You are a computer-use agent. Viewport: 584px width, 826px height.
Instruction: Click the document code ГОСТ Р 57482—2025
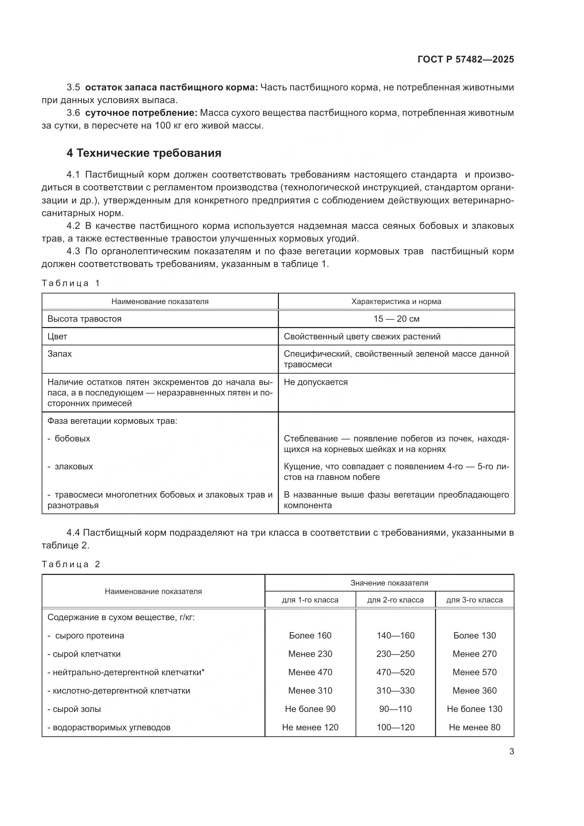pos(466,60)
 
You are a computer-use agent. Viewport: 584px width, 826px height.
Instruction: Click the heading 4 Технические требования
pos(144,153)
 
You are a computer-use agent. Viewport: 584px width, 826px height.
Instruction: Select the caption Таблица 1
pos(71,283)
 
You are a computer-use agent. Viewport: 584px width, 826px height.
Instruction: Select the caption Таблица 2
pos(71,564)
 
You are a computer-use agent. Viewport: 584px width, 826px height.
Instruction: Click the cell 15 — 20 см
pos(396,319)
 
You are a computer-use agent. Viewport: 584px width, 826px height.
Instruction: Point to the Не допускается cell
pos(316,382)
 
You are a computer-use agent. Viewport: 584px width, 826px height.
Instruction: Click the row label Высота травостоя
pos(84,319)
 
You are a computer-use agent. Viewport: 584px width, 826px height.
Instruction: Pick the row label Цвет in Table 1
pos(57,337)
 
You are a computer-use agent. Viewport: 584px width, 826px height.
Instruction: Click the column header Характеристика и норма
pos(396,302)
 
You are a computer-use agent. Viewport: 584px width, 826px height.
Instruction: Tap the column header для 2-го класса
pos(395,600)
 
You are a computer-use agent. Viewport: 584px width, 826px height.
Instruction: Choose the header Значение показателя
pos(389,583)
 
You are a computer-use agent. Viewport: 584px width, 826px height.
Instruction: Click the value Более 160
pos(310,635)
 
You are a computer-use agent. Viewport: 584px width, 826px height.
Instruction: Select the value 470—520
pos(395,672)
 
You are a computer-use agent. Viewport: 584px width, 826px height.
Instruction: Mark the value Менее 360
pos(474,690)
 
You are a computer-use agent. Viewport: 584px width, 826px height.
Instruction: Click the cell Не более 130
pos(474,709)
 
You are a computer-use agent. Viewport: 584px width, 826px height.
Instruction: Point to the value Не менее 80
pos(474,727)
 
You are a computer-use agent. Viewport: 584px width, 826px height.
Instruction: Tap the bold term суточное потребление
pos(141,113)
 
